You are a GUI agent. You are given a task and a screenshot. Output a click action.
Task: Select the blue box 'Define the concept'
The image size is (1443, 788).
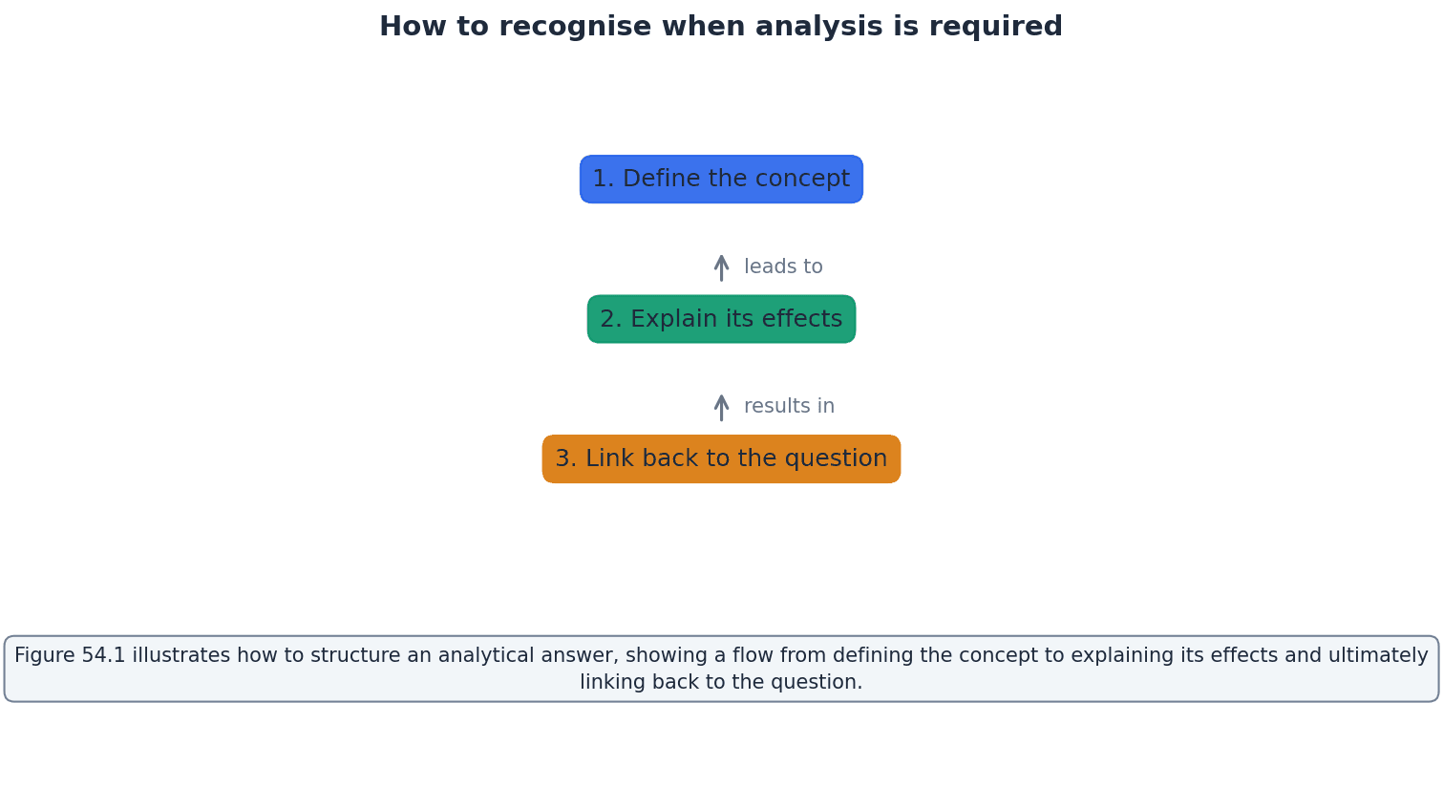(x=721, y=180)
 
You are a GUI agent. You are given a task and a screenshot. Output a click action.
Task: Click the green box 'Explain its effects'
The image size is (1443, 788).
(x=721, y=319)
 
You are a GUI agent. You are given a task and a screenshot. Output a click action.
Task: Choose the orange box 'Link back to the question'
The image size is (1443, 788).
(x=721, y=459)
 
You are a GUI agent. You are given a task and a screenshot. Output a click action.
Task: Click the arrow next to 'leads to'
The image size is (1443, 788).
(x=721, y=267)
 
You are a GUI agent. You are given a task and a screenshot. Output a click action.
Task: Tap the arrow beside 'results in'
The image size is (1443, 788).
(x=721, y=407)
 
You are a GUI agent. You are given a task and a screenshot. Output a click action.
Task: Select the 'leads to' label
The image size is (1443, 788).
(x=783, y=267)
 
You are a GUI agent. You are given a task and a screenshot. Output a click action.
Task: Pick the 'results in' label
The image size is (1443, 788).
(x=789, y=407)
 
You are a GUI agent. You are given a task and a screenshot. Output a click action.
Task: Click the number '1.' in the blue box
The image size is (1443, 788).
(x=604, y=180)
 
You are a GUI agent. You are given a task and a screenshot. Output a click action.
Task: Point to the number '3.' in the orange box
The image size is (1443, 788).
(x=566, y=459)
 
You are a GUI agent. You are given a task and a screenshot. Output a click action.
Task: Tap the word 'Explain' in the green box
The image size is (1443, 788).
(x=665, y=319)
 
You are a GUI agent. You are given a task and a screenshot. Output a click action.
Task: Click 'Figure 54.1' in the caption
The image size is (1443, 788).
(x=70, y=656)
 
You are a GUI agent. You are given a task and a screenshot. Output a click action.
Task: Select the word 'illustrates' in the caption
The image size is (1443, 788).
(x=176, y=656)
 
